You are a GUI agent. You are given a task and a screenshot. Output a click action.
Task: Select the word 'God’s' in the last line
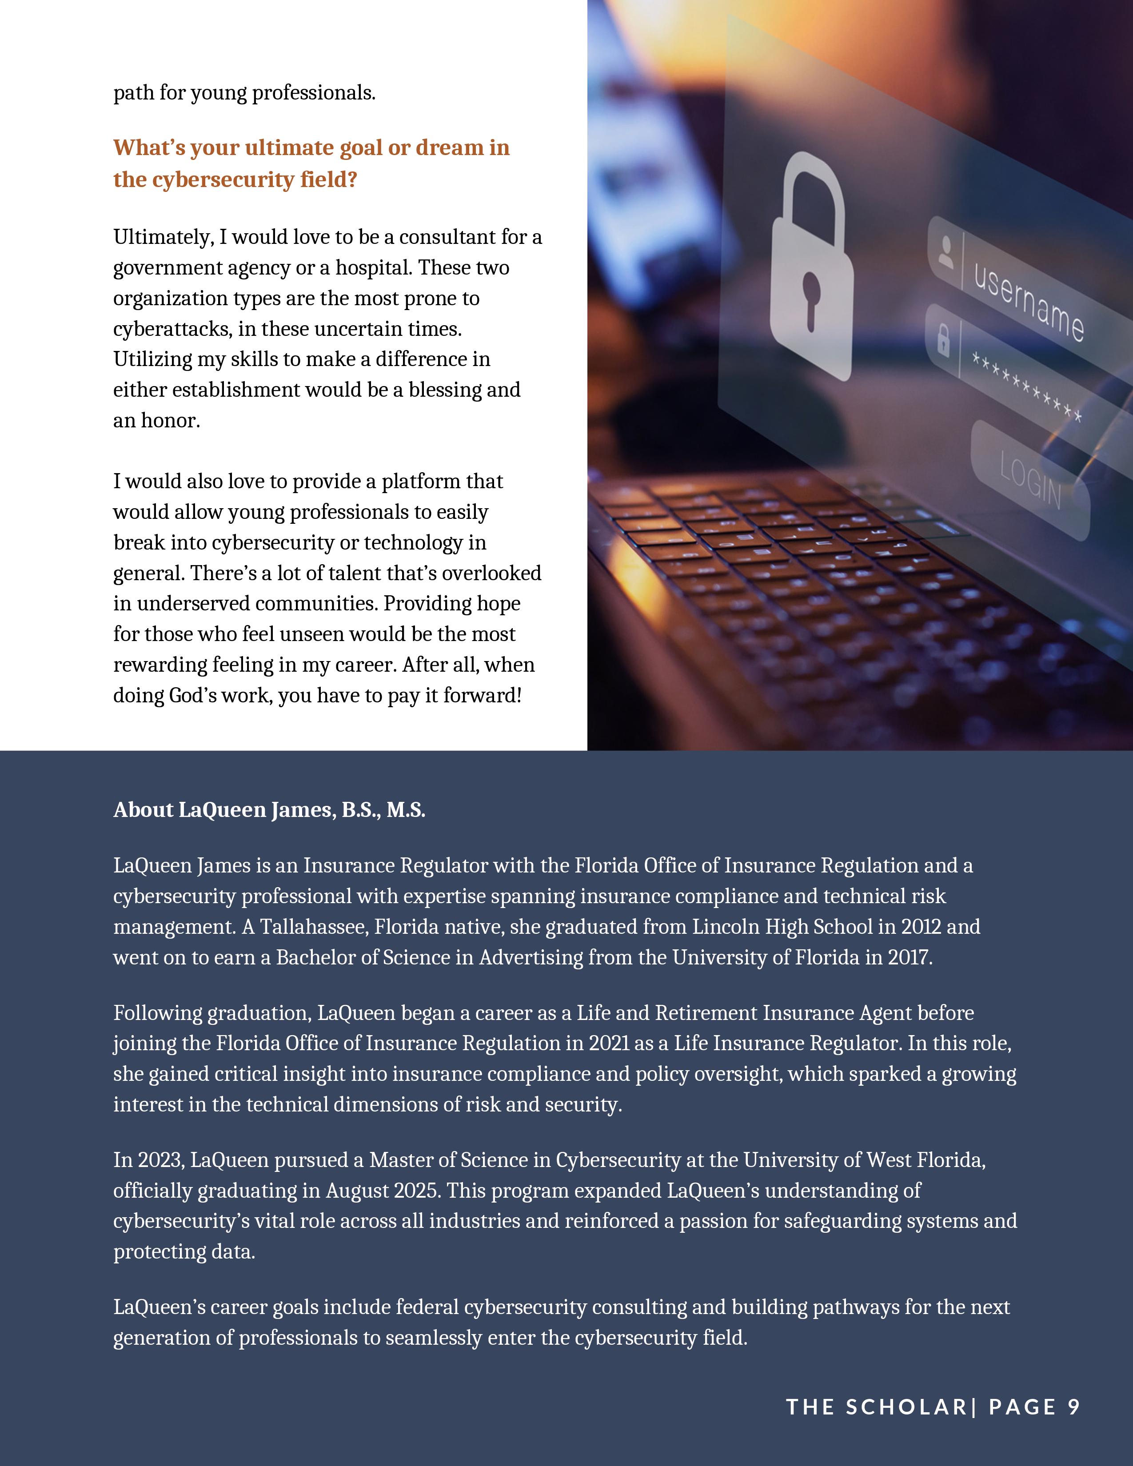[x=192, y=695]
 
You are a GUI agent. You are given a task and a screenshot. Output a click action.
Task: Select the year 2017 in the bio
[x=910, y=957]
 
